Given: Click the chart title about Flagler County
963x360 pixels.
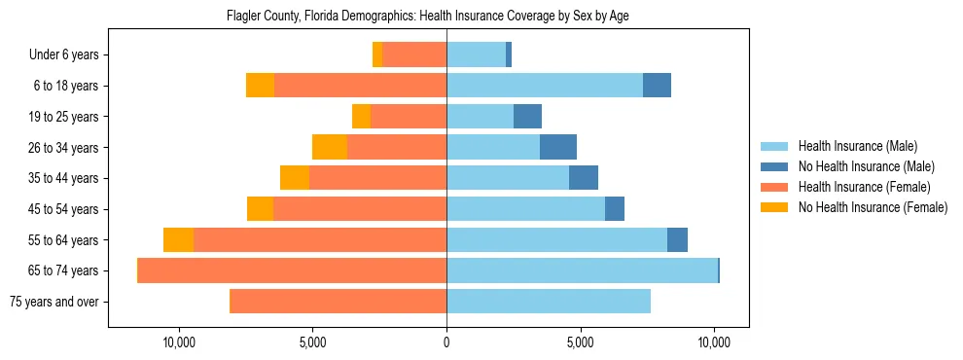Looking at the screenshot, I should [x=428, y=17].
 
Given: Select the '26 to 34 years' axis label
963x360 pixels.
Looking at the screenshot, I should [x=64, y=148].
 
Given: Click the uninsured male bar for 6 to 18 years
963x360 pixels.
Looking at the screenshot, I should [x=657, y=86].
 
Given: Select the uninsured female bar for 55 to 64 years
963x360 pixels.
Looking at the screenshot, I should [x=178, y=240].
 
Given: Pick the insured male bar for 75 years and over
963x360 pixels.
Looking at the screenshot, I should [x=549, y=302].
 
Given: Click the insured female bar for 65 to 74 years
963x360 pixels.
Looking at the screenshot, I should [x=292, y=270].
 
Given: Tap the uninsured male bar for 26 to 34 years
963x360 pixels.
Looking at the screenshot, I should [x=558, y=148].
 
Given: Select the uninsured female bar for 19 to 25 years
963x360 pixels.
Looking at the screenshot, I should [x=361, y=117].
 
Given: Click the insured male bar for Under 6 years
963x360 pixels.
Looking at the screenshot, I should [x=476, y=55].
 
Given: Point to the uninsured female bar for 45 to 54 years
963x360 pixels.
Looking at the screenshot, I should [x=260, y=209].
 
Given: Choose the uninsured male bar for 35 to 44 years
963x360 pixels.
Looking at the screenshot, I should [x=584, y=178].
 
